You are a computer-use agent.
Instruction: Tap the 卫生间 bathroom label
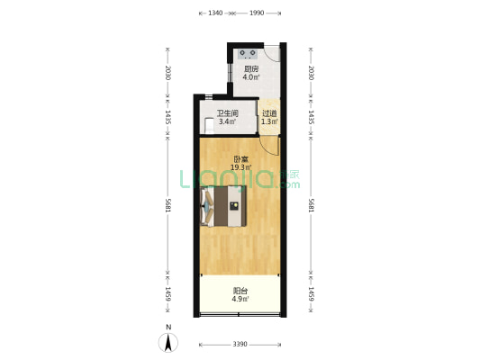pos(228,113)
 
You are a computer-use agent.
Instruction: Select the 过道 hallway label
pos(269,113)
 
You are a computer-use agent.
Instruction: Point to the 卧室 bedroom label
pos(241,159)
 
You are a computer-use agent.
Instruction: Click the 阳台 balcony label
pos(240,291)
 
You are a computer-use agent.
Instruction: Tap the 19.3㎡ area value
pos(241,167)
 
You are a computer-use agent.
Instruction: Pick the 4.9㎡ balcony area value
pos(240,299)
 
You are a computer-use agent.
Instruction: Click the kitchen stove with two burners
pos(248,54)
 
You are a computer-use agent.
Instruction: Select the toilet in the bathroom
pos(209,126)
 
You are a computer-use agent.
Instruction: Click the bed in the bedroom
pos(223,206)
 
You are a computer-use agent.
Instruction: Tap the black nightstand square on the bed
pos(234,205)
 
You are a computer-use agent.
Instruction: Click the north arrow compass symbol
pos(168,343)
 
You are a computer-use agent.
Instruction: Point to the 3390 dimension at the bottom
pos(240,345)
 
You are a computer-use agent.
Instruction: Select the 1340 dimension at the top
pos(215,13)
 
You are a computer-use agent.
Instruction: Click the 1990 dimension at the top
pos(257,13)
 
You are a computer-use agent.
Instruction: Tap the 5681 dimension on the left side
pos(168,205)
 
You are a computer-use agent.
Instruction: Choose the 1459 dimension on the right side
pos(311,294)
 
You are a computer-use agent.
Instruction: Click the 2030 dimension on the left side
pos(168,73)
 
